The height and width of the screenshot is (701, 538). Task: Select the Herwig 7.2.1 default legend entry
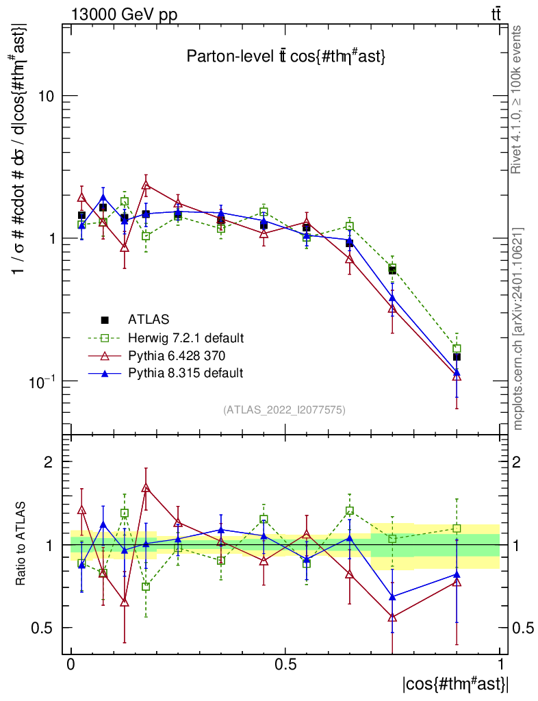[x=185, y=337]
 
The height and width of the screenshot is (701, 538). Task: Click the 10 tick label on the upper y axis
[x=46, y=96]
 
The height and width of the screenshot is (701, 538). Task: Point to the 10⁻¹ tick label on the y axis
[x=42, y=381]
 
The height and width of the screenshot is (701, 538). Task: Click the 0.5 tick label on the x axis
[x=285, y=665]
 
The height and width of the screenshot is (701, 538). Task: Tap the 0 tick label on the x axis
[x=71, y=665]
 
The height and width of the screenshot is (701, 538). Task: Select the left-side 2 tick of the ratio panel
[x=49, y=462]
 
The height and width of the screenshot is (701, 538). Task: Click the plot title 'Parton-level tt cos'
[x=286, y=58]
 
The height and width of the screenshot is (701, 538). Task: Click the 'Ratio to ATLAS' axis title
[x=22, y=544]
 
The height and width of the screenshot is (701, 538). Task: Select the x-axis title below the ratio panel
[x=454, y=683]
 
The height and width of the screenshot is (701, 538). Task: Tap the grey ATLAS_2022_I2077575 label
[x=284, y=410]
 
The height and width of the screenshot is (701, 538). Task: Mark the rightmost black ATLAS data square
[x=457, y=357]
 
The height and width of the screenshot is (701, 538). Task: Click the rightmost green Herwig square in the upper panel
[x=457, y=348]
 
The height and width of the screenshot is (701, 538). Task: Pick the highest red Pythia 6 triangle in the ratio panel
[x=146, y=488]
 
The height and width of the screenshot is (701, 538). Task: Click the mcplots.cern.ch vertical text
[x=518, y=329]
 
